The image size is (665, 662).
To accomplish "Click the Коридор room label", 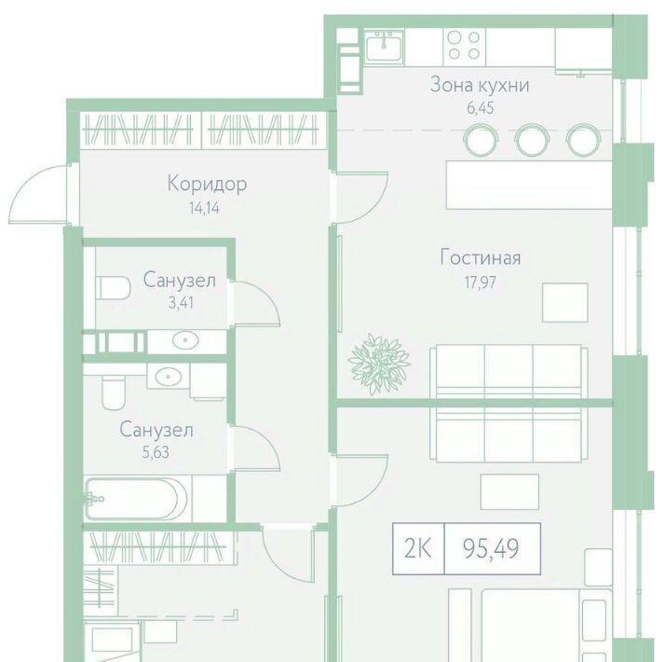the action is click(x=207, y=185).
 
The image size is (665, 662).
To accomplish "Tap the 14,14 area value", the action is click(x=204, y=208).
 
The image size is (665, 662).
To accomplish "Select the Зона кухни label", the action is click(x=480, y=85).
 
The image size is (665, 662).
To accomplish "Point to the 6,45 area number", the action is click(x=480, y=108).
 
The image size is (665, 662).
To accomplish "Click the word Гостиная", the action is click(x=480, y=257).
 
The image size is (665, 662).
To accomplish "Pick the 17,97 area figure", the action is click(x=480, y=283).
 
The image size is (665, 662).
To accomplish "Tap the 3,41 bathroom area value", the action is click(x=181, y=303).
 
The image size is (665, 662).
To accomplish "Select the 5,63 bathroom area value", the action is click(x=156, y=452).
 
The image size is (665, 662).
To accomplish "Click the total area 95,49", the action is click(x=491, y=548).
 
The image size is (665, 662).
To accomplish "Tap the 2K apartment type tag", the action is click(x=418, y=548).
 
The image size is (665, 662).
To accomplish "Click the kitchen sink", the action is click(x=384, y=48).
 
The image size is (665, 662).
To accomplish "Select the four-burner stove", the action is click(x=465, y=45).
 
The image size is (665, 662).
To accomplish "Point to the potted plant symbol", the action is click(x=379, y=365).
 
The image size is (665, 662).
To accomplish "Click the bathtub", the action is click(x=136, y=499).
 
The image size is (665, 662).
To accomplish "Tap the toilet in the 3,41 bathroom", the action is click(x=114, y=287).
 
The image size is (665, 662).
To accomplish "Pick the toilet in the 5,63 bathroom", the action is click(x=114, y=391).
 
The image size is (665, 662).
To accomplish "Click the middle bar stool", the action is click(x=532, y=139).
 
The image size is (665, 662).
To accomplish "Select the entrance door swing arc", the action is click(x=36, y=193).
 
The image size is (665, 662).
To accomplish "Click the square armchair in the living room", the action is click(x=565, y=303).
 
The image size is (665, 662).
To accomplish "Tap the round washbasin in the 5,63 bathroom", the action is click(x=169, y=377).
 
